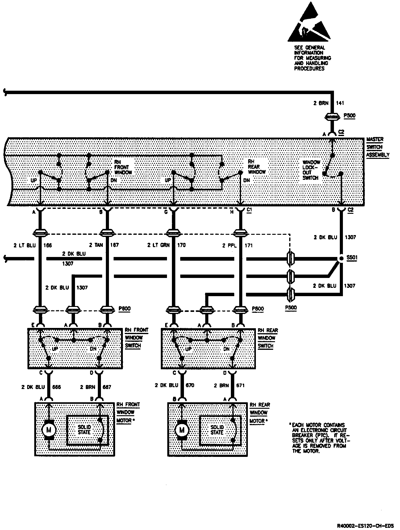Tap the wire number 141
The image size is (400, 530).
pos(340,103)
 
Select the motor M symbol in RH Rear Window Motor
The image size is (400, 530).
pos(182,430)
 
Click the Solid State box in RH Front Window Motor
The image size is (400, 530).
pos(88,430)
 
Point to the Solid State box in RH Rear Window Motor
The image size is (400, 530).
pos(220,430)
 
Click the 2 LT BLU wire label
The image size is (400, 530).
pos(25,246)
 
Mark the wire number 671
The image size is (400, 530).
pos(240,385)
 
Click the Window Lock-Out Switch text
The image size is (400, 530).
pos(311,170)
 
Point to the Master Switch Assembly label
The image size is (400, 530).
pos(377,147)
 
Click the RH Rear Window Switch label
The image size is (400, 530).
pos(268,338)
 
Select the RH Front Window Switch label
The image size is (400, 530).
pos(136,338)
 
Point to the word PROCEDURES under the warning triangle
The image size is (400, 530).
pos(309,68)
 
